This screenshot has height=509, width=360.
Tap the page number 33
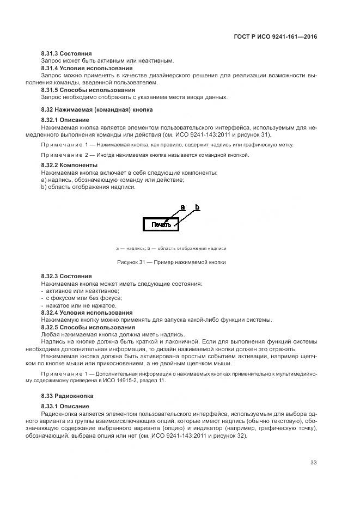click(x=313, y=463)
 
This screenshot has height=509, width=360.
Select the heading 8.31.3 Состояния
click(x=66, y=53)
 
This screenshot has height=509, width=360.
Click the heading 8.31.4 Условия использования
click(x=87, y=68)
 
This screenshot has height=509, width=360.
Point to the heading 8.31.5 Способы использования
click(x=88, y=90)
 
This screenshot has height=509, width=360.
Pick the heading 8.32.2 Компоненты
click(x=70, y=165)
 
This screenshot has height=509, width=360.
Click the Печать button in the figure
click(x=161, y=224)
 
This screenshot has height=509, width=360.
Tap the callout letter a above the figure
click(x=182, y=207)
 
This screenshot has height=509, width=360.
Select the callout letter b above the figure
click(x=197, y=207)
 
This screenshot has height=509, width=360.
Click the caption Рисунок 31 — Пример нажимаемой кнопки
click(x=171, y=262)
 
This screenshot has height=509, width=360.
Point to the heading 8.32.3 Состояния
click(x=66, y=277)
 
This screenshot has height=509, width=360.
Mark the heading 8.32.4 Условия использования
click(x=87, y=312)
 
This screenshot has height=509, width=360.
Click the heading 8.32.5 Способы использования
click(x=88, y=327)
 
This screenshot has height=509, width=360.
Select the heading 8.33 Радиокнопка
click(x=68, y=397)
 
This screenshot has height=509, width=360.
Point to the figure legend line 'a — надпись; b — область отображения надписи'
click(x=171, y=248)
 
